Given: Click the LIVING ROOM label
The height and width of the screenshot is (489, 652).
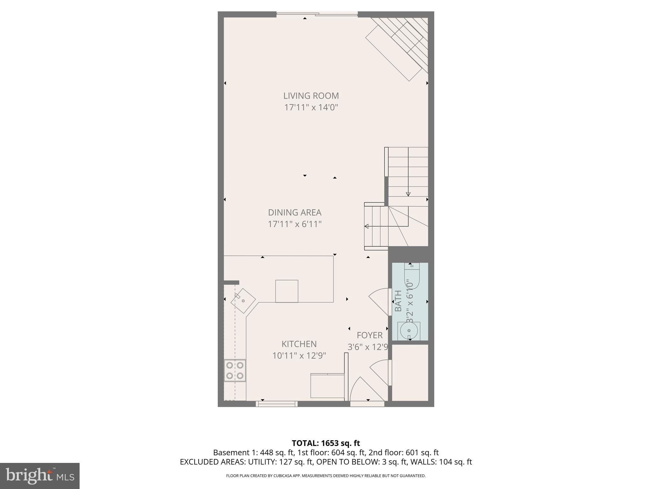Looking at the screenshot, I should click(311, 96).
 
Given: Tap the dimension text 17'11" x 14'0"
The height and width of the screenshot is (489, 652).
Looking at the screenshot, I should click(311, 107).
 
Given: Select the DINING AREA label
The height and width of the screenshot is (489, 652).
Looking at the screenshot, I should click(294, 212).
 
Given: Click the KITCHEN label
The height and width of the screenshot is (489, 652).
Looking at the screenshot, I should click(299, 344).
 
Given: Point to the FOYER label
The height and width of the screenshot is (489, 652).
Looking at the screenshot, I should click(369, 335).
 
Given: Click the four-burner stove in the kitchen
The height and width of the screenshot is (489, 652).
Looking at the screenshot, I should click(235, 370).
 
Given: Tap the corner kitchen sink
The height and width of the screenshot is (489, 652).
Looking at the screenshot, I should click(243, 301).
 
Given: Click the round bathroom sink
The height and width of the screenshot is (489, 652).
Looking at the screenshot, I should click(409, 331).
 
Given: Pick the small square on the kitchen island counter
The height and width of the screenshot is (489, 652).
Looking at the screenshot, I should click(287, 291).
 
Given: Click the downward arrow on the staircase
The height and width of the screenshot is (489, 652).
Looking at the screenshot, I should click(408, 194).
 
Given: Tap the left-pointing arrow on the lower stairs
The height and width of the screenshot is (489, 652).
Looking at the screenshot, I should click(367, 226).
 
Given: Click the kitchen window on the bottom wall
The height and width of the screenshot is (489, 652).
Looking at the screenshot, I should click(276, 404).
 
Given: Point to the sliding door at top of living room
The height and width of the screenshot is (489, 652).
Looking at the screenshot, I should click(317, 14).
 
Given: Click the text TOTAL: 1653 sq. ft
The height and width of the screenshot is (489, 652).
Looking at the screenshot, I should click(326, 443).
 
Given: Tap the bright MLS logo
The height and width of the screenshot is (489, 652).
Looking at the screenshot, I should click(40, 476).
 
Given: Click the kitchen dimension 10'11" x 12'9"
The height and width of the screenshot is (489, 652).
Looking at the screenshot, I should click(299, 356).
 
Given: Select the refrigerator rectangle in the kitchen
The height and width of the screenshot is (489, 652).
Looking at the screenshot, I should click(327, 386).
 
